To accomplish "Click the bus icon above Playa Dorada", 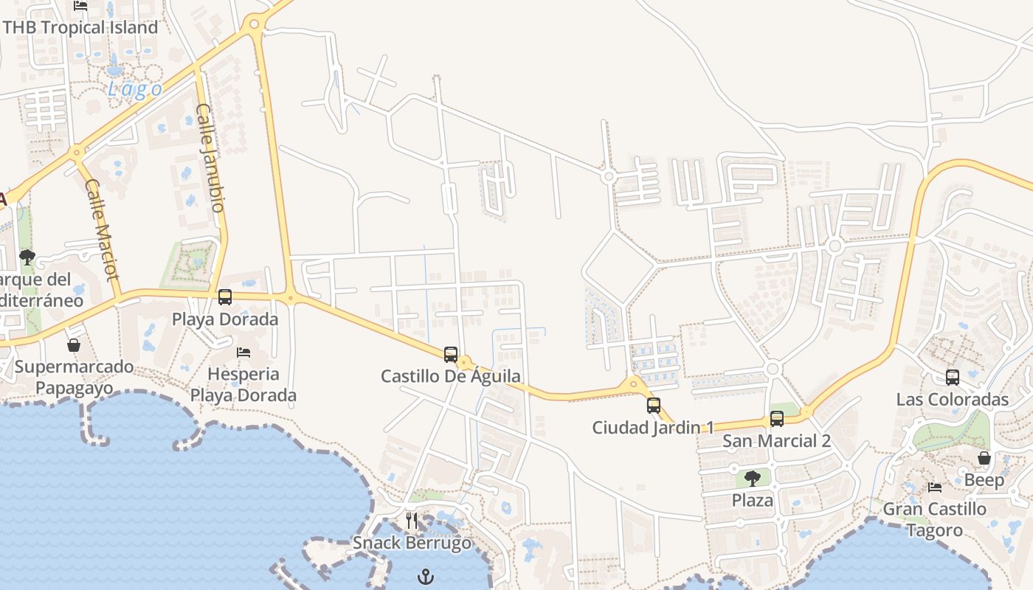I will tap(225, 297).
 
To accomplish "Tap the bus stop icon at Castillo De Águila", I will tap(451, 355).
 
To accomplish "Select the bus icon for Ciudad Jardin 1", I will tap(653, 405).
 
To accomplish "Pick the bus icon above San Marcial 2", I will tap(776, 419).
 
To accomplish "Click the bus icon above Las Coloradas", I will tap(953, 378).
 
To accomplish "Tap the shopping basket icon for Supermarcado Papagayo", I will tap(74, 345).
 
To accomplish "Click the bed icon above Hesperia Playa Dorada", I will tap(243, 353).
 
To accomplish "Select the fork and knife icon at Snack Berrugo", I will tap(412, 521).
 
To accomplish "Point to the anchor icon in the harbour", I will tap(426, 576).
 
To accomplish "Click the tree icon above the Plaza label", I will tap(752, 479).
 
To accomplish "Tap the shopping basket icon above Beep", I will tap(984, 458).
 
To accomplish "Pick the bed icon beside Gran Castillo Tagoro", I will tap(935, 487).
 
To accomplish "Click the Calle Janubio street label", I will tap(210, 158).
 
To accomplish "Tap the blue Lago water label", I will tap(135, 90).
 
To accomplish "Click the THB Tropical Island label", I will tap(80, 27).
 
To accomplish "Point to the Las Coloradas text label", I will tap(952, 400).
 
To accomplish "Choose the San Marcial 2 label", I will tap(776, 441).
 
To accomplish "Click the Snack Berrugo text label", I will tap(412, 544).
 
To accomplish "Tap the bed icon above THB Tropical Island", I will tap(80, 6).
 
